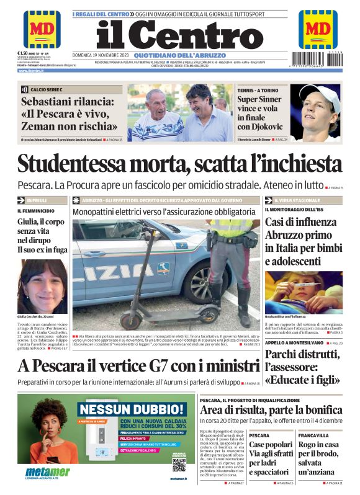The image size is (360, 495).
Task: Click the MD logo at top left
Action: [x=42, y=29]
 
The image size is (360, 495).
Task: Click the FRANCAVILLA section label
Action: [x=313, y=435]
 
